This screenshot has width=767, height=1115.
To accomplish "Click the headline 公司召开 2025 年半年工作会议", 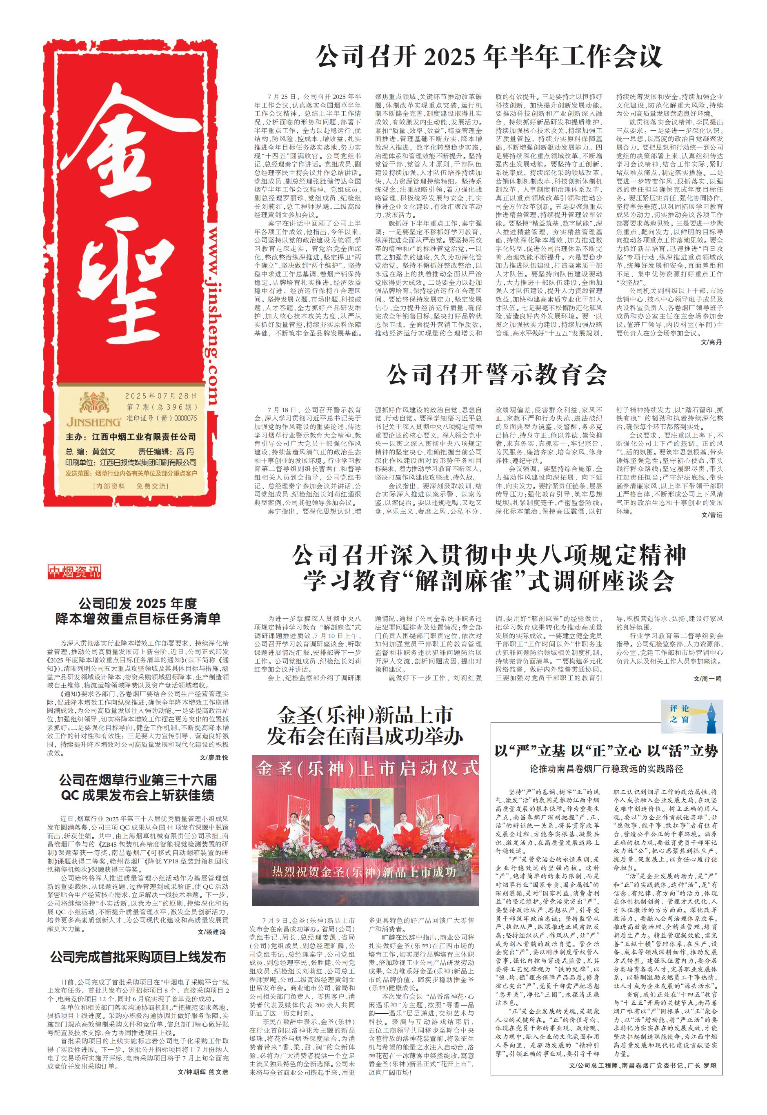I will [x=489, y=57].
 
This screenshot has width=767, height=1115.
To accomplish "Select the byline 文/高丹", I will [x=711, y=342].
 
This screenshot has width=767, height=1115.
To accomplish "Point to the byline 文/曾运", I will [x=711, y=515].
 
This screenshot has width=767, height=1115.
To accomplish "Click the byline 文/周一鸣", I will [x=707, y=678].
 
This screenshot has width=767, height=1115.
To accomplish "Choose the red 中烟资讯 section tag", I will [x=74, y=572].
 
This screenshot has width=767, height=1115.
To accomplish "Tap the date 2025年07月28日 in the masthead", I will [x=160, y=396].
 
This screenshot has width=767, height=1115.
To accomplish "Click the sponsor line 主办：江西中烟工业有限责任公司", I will [x=131, y=437].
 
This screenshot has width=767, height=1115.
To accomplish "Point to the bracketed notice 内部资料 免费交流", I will [x=131, y=486].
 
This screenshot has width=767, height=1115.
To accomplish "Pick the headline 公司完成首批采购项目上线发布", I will [x=138, y=957].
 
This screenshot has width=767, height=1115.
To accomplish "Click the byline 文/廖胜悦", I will [x=213, y=757].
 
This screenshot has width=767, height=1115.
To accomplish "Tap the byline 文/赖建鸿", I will [x=211, y=931].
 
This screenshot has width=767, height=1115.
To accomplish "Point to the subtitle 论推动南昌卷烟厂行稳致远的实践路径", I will [x=606, y=769].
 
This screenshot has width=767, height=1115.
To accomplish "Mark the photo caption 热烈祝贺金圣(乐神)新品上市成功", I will [x=364, y=872].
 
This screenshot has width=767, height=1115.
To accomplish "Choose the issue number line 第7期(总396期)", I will [x=162, y=407].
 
